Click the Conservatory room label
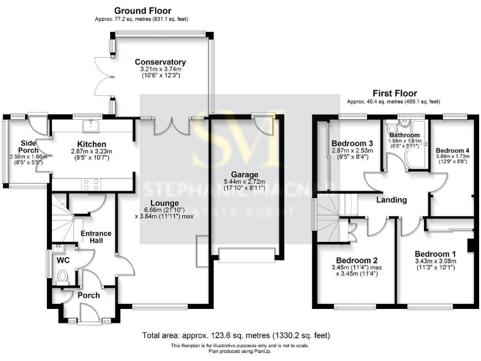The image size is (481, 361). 160,62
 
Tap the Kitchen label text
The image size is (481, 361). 91,144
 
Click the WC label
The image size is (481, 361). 63,258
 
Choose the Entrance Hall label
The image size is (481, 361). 96,238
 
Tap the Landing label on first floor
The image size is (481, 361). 391,200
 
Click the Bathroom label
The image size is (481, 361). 404,135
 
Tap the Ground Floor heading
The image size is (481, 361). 142,11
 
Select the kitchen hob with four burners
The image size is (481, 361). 90,184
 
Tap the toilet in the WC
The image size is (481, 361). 62,276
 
